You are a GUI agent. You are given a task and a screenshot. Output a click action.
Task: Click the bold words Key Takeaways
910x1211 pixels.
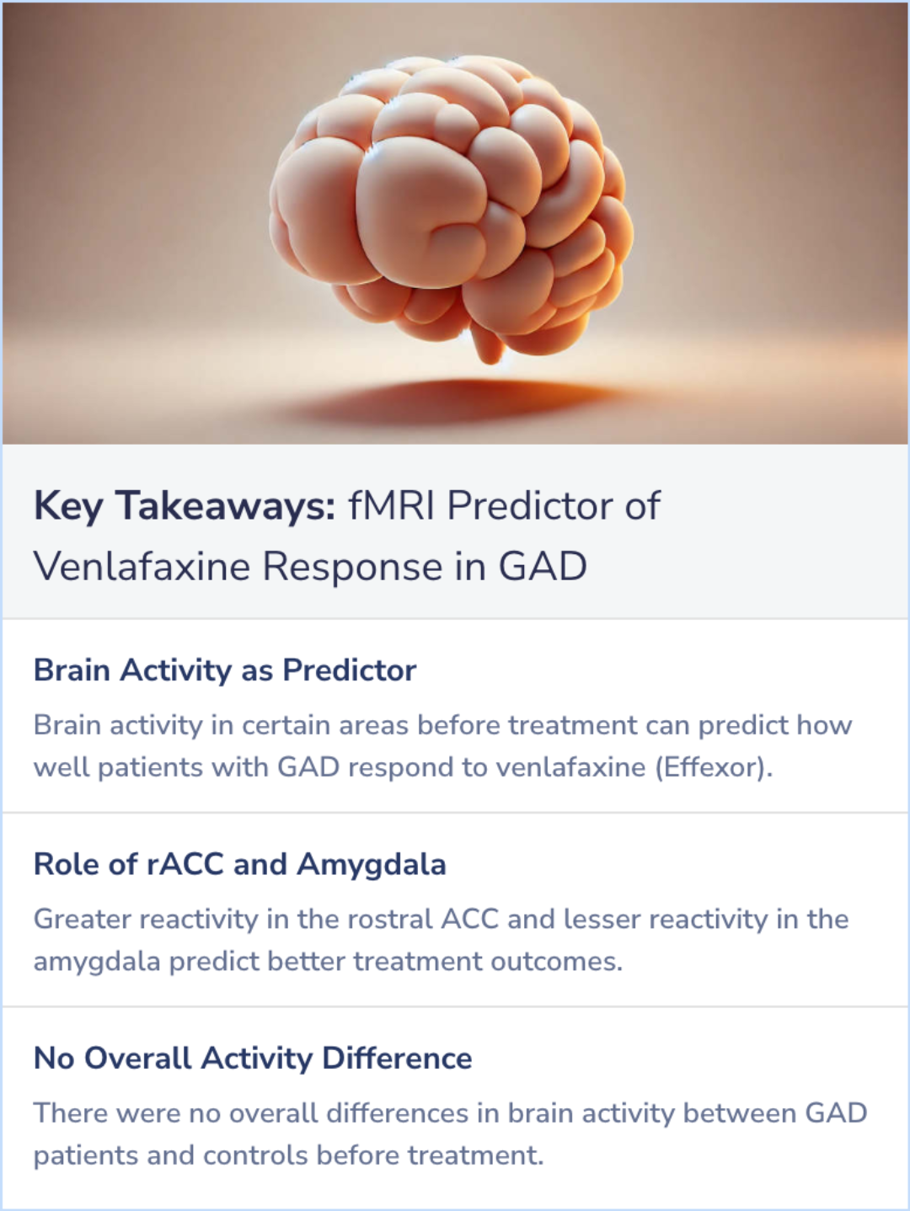pos(185,506)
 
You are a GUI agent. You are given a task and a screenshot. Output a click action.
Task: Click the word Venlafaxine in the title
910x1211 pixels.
pos(142,566)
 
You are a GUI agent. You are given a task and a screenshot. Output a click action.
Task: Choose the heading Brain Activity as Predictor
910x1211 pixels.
pos(225,670)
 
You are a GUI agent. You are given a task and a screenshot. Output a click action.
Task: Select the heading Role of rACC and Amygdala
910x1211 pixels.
pos(240,864)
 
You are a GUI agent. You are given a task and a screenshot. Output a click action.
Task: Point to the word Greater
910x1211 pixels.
pos(82,919)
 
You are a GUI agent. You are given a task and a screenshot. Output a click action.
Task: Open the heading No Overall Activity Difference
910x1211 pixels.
pos(253,1058)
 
